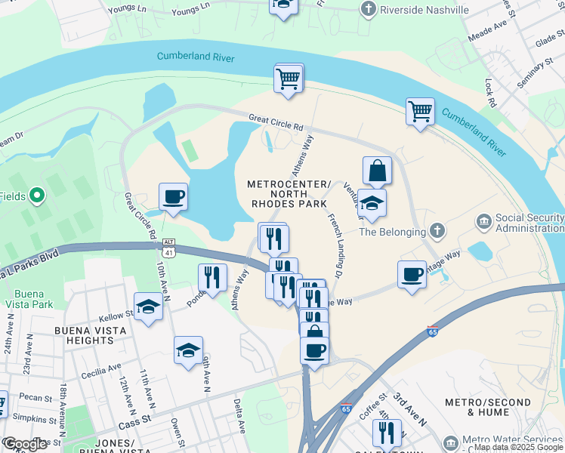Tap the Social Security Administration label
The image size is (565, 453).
[x=529, y=223]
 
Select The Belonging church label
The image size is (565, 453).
[x=388, y=232]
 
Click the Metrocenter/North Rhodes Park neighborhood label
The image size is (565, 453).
[x=289, y=193]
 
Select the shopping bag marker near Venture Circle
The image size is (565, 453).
[x=377, y=171]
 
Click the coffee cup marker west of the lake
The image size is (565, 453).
[x=173, y=198]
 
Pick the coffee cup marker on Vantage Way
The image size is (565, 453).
[x=412, y=275]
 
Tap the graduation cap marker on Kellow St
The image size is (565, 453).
[x=149, y=307]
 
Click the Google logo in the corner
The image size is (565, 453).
[x=25, y=445]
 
